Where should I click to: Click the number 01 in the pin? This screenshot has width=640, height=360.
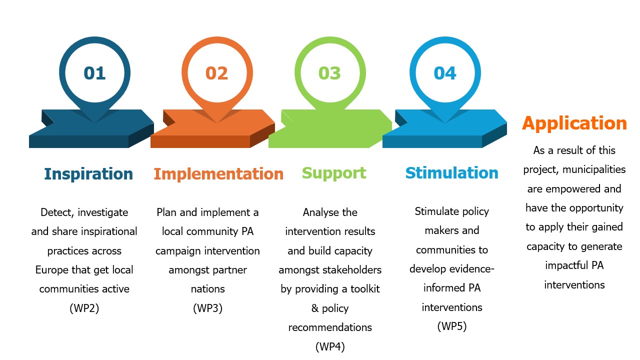point(94,73)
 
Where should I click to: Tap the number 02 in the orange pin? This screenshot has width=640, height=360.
point(216,73)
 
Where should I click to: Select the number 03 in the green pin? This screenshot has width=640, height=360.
point(329,73)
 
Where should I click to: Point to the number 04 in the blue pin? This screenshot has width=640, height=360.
point(445,73)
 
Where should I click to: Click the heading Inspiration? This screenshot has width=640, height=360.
point(88,174)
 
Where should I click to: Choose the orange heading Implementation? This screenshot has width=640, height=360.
point(218,174)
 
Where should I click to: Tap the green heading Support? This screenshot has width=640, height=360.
point(334,173)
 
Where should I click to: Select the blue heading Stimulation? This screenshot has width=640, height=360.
point(451,173)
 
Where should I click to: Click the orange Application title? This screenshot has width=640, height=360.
point(574,123)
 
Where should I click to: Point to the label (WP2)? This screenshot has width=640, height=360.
point(84,308)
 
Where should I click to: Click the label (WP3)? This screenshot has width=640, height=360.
point(207,308)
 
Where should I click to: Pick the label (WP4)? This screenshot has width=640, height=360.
point(330,346)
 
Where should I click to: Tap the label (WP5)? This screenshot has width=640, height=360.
point(451,326)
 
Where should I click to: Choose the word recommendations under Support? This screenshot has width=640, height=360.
point(330,327)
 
